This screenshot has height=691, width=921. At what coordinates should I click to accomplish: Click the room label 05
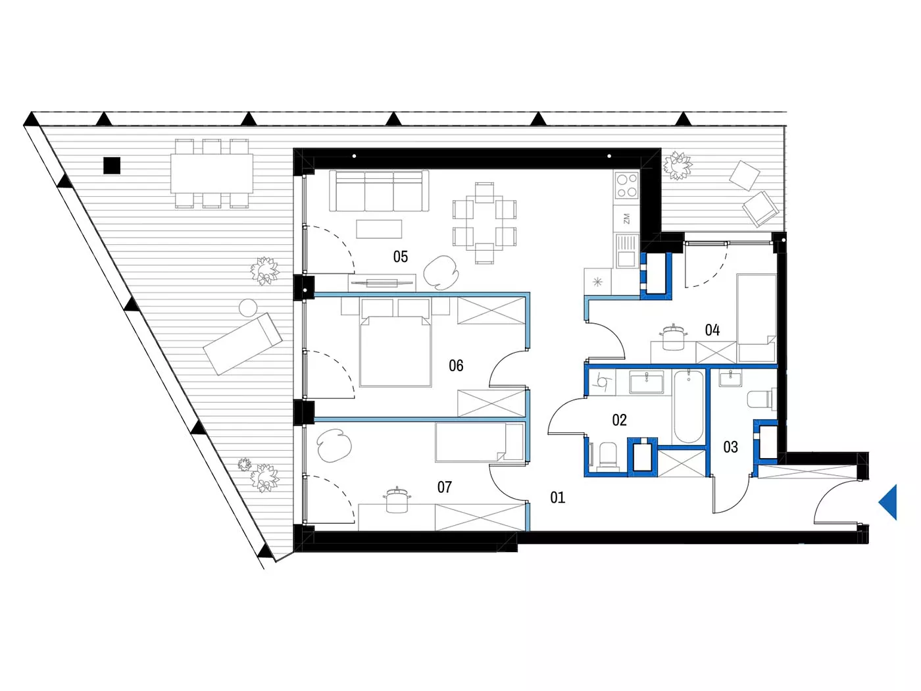tap(400, 257)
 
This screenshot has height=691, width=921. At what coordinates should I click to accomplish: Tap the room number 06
tap(456, 365)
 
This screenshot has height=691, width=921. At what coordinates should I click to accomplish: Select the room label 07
tap(445, 487)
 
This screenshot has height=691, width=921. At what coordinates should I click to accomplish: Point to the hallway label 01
tap(558, 497)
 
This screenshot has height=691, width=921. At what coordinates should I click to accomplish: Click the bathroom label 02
tap(619, 420)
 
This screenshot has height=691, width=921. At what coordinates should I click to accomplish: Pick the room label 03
tap(730, 447)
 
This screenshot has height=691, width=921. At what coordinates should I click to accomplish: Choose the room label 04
tap(712, 330)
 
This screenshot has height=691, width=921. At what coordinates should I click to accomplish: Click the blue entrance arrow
tap(888, 502)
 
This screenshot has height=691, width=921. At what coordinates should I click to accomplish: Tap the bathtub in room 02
tap(689, 405)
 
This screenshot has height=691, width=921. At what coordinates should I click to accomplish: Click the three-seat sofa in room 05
tap(379, 190)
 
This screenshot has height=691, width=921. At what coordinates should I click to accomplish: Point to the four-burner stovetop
tap(626, 186)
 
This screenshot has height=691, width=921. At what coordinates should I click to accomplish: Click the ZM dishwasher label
tap(626, 218)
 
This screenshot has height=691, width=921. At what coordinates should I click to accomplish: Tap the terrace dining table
tap(212, 173)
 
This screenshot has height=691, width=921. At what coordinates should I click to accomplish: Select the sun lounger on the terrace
tap(243, 344)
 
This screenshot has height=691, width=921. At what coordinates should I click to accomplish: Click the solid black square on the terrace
tap(112, 165)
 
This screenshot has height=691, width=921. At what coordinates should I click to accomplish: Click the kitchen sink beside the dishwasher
tap(626, 251)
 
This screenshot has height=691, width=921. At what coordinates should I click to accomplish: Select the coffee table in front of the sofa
tap(379, 229)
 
